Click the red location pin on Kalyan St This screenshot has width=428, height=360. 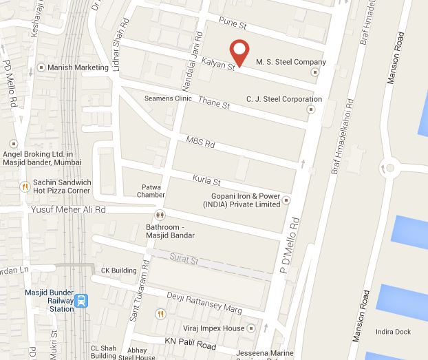point(239,51)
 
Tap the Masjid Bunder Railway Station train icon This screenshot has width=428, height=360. point(82,300)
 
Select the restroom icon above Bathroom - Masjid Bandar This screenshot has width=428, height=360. point(160,215)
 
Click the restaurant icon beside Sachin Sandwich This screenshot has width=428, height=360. point(25,185)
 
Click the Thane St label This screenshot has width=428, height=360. point(213,103)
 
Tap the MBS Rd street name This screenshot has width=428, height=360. point(201,143)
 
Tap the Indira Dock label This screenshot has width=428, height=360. point(392,332)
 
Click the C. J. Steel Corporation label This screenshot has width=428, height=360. point(283,99)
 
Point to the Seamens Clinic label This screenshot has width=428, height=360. point(168,98)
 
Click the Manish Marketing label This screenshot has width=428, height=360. point(78,67)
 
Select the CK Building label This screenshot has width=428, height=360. point(119,270)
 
